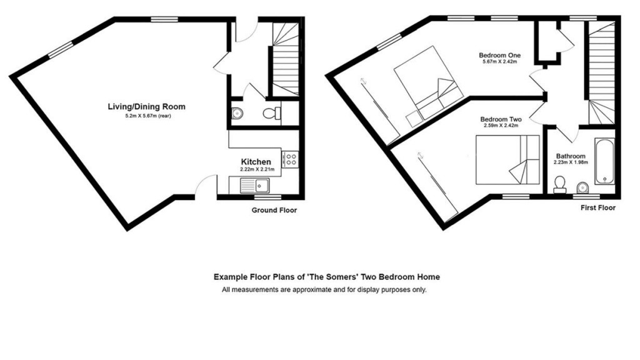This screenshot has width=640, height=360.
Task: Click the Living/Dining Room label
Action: click(x=146, y=107)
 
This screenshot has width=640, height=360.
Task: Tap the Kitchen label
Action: click(x=256, y=162)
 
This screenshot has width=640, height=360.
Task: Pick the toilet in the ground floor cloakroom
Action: click(x=272, y=114)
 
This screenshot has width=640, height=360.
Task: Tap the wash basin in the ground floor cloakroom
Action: click(x=236, y=114)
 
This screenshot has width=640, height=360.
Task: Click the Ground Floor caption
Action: click(x=274, y=211)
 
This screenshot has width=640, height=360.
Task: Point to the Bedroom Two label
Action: click(x=501, y=119)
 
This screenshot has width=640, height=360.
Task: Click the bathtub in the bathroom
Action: click(x=604, y=161)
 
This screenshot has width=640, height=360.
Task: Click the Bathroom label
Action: click(x=570, y=156)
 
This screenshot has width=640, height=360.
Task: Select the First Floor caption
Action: click(x=597, y=207)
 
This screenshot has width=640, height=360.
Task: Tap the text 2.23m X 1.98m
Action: click(x=570, y=163)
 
